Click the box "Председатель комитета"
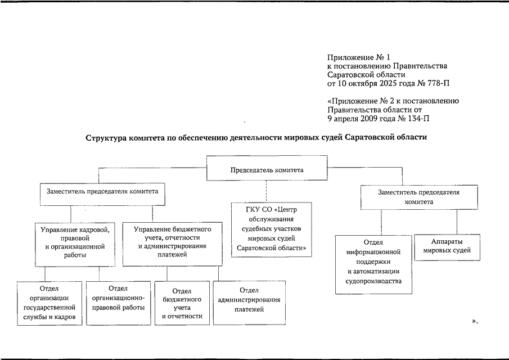pyautogui.click(x=267, y=169)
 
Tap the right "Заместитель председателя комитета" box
pyautogui.click(x=418, y=196)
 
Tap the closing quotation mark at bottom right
pyautogui.click(x=474, y=321)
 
